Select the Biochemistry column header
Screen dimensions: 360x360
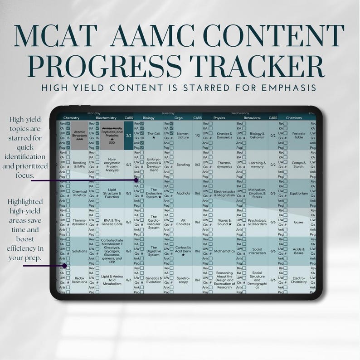tap(106, 118)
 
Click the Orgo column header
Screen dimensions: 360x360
tap(179, 118)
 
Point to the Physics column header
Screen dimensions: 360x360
tap(219, 118)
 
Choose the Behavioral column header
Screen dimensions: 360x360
tap(253, 118)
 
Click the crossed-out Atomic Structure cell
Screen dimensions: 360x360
tap(80, 135)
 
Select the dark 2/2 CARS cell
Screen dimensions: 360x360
tap(129, 135)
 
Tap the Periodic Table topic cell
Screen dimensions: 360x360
tap(299, 135)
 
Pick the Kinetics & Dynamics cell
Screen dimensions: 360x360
tap(224, 135)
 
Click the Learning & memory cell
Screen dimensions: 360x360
tap(257, 164)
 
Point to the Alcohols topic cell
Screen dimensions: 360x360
tap(183, 193)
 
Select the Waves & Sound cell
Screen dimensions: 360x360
tap(224, 222)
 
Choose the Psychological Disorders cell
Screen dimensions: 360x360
tap(257, 222)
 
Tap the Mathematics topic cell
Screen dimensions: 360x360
tap(224, 251)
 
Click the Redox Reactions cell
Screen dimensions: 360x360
tap(80, 280)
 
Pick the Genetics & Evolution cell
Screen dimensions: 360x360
tap(154, 280)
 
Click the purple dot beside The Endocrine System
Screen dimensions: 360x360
tap(136, 180)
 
